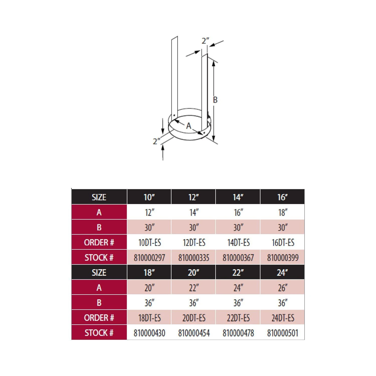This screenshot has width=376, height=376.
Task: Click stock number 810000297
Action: (149, 258)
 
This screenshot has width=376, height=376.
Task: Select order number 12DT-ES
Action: (194, 243)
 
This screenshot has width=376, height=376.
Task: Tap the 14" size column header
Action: (238, 197)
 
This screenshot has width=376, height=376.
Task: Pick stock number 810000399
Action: (283, 258)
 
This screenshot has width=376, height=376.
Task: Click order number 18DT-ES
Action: (150, 318)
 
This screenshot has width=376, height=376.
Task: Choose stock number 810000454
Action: (194, 333)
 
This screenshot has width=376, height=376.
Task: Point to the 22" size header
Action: (238, 272)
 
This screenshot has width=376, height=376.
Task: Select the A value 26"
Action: (283, 288)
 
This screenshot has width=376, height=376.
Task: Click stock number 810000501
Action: (283, 333)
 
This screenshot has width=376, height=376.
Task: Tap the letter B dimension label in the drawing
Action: (215, 100)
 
